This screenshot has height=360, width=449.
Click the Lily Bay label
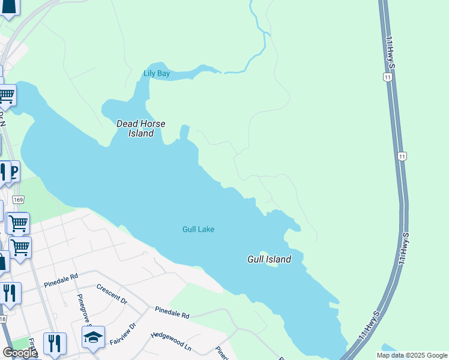(x=157, y=74)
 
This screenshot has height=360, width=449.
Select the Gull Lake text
(x=198, y=229)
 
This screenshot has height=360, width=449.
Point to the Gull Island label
(x=269, y=259)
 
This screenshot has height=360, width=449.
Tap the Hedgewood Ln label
(x=171, y=342)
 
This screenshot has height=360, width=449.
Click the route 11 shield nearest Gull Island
(x=402, y=156)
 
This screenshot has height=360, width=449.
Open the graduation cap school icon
(x=93, y=338)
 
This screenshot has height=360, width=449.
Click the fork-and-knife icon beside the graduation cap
(x=54, y=343)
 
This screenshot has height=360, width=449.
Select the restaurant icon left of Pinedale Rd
(x=9, y=293)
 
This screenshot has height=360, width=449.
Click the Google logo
(x=19, y=353)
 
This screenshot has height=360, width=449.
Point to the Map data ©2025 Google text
(x=412, y=355)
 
